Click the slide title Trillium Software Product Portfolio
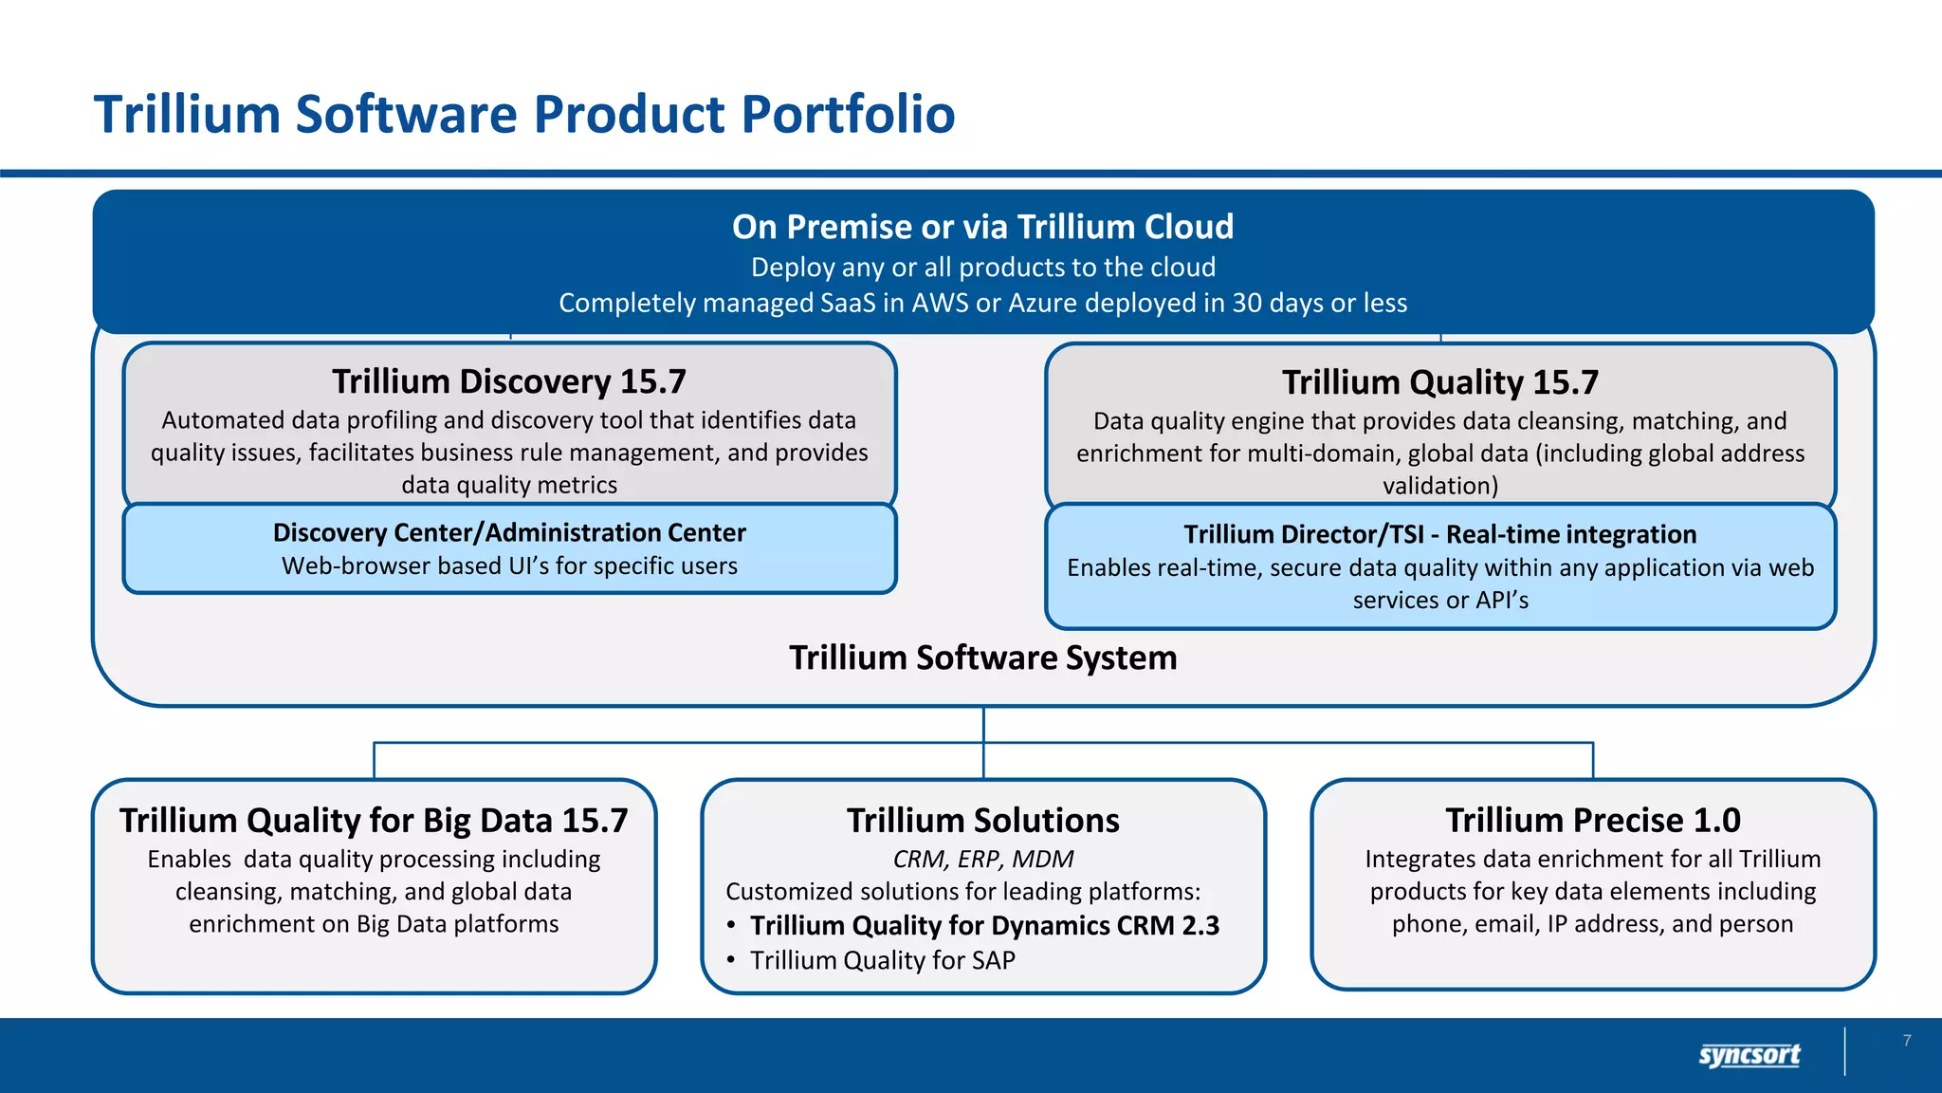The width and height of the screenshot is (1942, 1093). point(523,115)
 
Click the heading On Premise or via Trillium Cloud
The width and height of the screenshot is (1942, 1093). point(982,227)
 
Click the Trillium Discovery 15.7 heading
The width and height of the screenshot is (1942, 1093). point(509,381)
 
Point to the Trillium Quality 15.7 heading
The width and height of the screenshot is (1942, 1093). point(1439,382)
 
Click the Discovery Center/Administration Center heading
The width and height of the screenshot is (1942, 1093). point(509,532)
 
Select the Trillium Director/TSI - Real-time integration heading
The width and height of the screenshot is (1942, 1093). point(1439,534)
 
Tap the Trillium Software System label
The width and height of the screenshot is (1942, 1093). point(982,658)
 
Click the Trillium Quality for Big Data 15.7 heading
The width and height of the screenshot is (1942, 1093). point(374,820)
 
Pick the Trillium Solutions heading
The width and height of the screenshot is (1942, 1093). point(982,820)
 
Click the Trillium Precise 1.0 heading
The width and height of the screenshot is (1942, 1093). point(1592,820)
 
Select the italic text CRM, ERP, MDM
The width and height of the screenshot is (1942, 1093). point(982,859)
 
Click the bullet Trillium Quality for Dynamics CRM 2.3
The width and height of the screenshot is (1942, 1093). point(984,925)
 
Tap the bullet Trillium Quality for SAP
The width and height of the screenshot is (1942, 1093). point(882,960)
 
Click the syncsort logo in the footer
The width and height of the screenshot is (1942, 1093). point(1749,1054)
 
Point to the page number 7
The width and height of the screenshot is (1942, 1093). point(1907,1041)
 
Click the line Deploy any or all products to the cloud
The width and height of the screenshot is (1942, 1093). point(982,268)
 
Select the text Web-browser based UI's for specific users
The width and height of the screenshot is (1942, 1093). point(509,565)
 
